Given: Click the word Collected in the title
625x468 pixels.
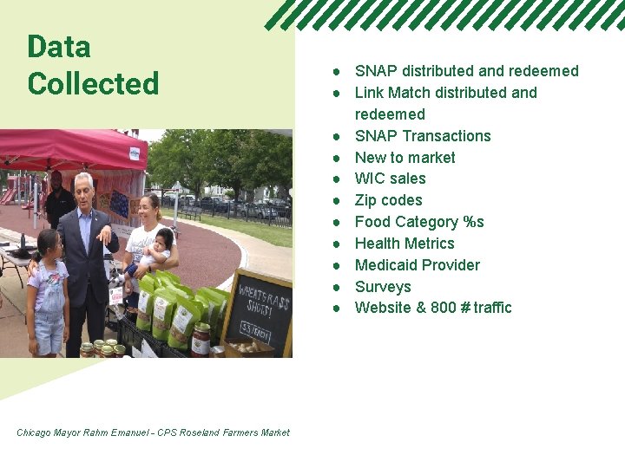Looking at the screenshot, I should click(x=93, y=84).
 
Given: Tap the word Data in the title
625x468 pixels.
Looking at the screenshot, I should click(x=59, y=46).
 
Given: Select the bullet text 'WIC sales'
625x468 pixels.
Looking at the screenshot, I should click(x=390, y=179).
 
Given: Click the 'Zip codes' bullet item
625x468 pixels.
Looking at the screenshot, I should click(x=388, y=200).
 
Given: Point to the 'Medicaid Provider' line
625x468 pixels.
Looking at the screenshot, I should click(x=417, y=265).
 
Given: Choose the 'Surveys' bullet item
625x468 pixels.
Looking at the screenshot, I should click(x=383, y=287).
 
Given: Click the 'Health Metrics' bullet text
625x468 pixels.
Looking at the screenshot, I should click(x=405, y=244).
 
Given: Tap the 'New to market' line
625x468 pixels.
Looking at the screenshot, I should click(x=405, y=158).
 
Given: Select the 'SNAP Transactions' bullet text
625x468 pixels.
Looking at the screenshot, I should click(x=423, y=136).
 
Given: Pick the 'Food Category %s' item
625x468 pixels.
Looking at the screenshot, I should click(x=419, y=222).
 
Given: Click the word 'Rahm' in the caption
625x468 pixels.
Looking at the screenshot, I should click(x=95, y=432).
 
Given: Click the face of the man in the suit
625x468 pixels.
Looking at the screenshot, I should click(x=84, y=192).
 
